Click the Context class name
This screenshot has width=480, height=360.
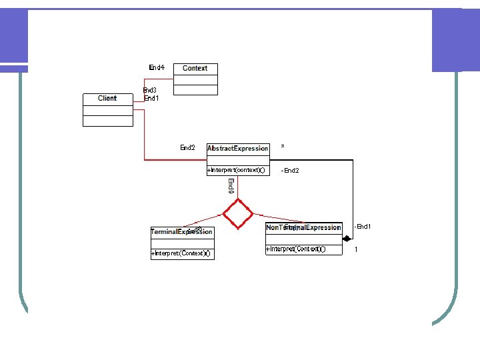pos(195,68)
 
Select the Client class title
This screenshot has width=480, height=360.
pos(107,98)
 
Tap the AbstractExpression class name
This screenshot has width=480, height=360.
pos(238,148)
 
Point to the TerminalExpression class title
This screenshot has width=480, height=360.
pos(181,232)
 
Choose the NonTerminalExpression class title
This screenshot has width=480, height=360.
pos(303,227)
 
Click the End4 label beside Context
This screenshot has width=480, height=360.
pos(157,67)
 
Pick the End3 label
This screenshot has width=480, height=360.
pos(150,90)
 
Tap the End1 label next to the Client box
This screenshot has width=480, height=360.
pos(151,98)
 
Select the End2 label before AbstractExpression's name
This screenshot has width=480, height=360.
pos(188,147)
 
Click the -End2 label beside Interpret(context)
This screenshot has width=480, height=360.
pos(291,171)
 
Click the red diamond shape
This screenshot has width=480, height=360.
pos(238,214)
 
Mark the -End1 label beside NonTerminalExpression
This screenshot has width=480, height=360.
pos(363,227)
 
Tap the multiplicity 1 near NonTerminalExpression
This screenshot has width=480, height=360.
pos(356,249)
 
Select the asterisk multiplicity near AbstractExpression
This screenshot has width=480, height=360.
pos(283,145)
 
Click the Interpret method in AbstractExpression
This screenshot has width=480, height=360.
pos(237,170)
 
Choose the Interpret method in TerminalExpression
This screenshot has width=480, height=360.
pos(181,253)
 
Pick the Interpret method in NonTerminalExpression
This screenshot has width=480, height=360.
pos(295,249)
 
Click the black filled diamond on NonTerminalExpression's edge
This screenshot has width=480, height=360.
pos(347,237)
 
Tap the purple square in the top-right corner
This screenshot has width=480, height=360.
pos(456,40)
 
